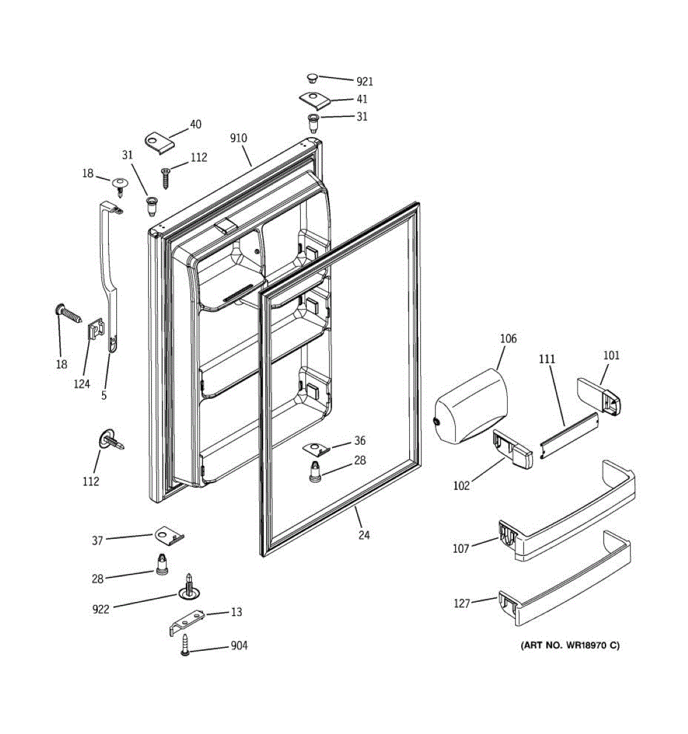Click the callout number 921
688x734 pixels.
(x=364, y=82)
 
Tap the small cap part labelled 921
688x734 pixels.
(x=312, y=78)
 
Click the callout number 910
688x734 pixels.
(x=239, y=138)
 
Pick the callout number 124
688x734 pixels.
(x=82, y=384)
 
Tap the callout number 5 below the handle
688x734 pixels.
(x=104, y=396)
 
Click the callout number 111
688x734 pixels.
(x=547, y=359)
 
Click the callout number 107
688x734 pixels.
(x=461, y=549)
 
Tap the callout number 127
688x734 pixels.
(x=462, y=604)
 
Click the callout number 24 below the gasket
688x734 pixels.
(x=364, y=535)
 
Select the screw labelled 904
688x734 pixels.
(x=186, y=645)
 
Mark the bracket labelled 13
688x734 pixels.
(x=187, y=620)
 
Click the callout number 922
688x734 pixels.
(x=101, y=609)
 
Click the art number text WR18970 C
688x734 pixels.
(x=569, y=645)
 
